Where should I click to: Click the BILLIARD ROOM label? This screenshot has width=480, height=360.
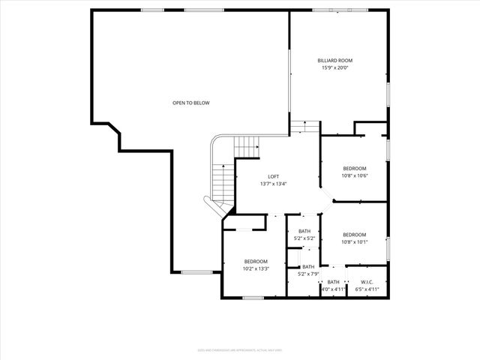click(334, 60)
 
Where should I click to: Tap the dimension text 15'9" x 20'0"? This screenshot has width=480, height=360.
click(334, 67)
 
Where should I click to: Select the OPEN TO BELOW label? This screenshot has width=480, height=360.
click(190, 103)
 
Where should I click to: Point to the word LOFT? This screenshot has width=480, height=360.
click(274, 176)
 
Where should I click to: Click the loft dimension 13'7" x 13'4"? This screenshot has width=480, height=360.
click(274, 184)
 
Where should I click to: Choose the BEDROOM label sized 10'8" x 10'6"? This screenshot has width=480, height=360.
click(355, 168)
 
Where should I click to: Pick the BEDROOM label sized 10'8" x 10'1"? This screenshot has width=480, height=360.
click(355, 234)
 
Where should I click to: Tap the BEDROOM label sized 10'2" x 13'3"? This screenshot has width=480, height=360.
click(255, 261)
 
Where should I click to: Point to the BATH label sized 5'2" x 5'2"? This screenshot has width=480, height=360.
click(304, 231)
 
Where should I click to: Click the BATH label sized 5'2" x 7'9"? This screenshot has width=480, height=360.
click(308, 266)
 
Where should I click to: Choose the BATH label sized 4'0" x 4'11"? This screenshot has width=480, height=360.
click(333, 282)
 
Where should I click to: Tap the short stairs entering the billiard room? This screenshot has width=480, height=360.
click(305, 127)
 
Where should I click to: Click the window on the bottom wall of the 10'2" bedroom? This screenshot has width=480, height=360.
click(253, 298)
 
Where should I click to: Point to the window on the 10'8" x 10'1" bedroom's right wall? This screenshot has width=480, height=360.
click(388, 247)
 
